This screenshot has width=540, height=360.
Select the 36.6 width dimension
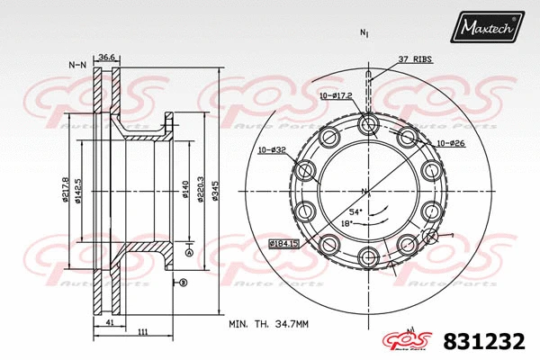point(107,57)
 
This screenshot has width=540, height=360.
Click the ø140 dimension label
point(184,189)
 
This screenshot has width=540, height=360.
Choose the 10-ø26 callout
point(450,143)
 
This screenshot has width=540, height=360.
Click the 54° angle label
point(356,211)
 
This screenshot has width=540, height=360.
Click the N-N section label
point(77,65)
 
